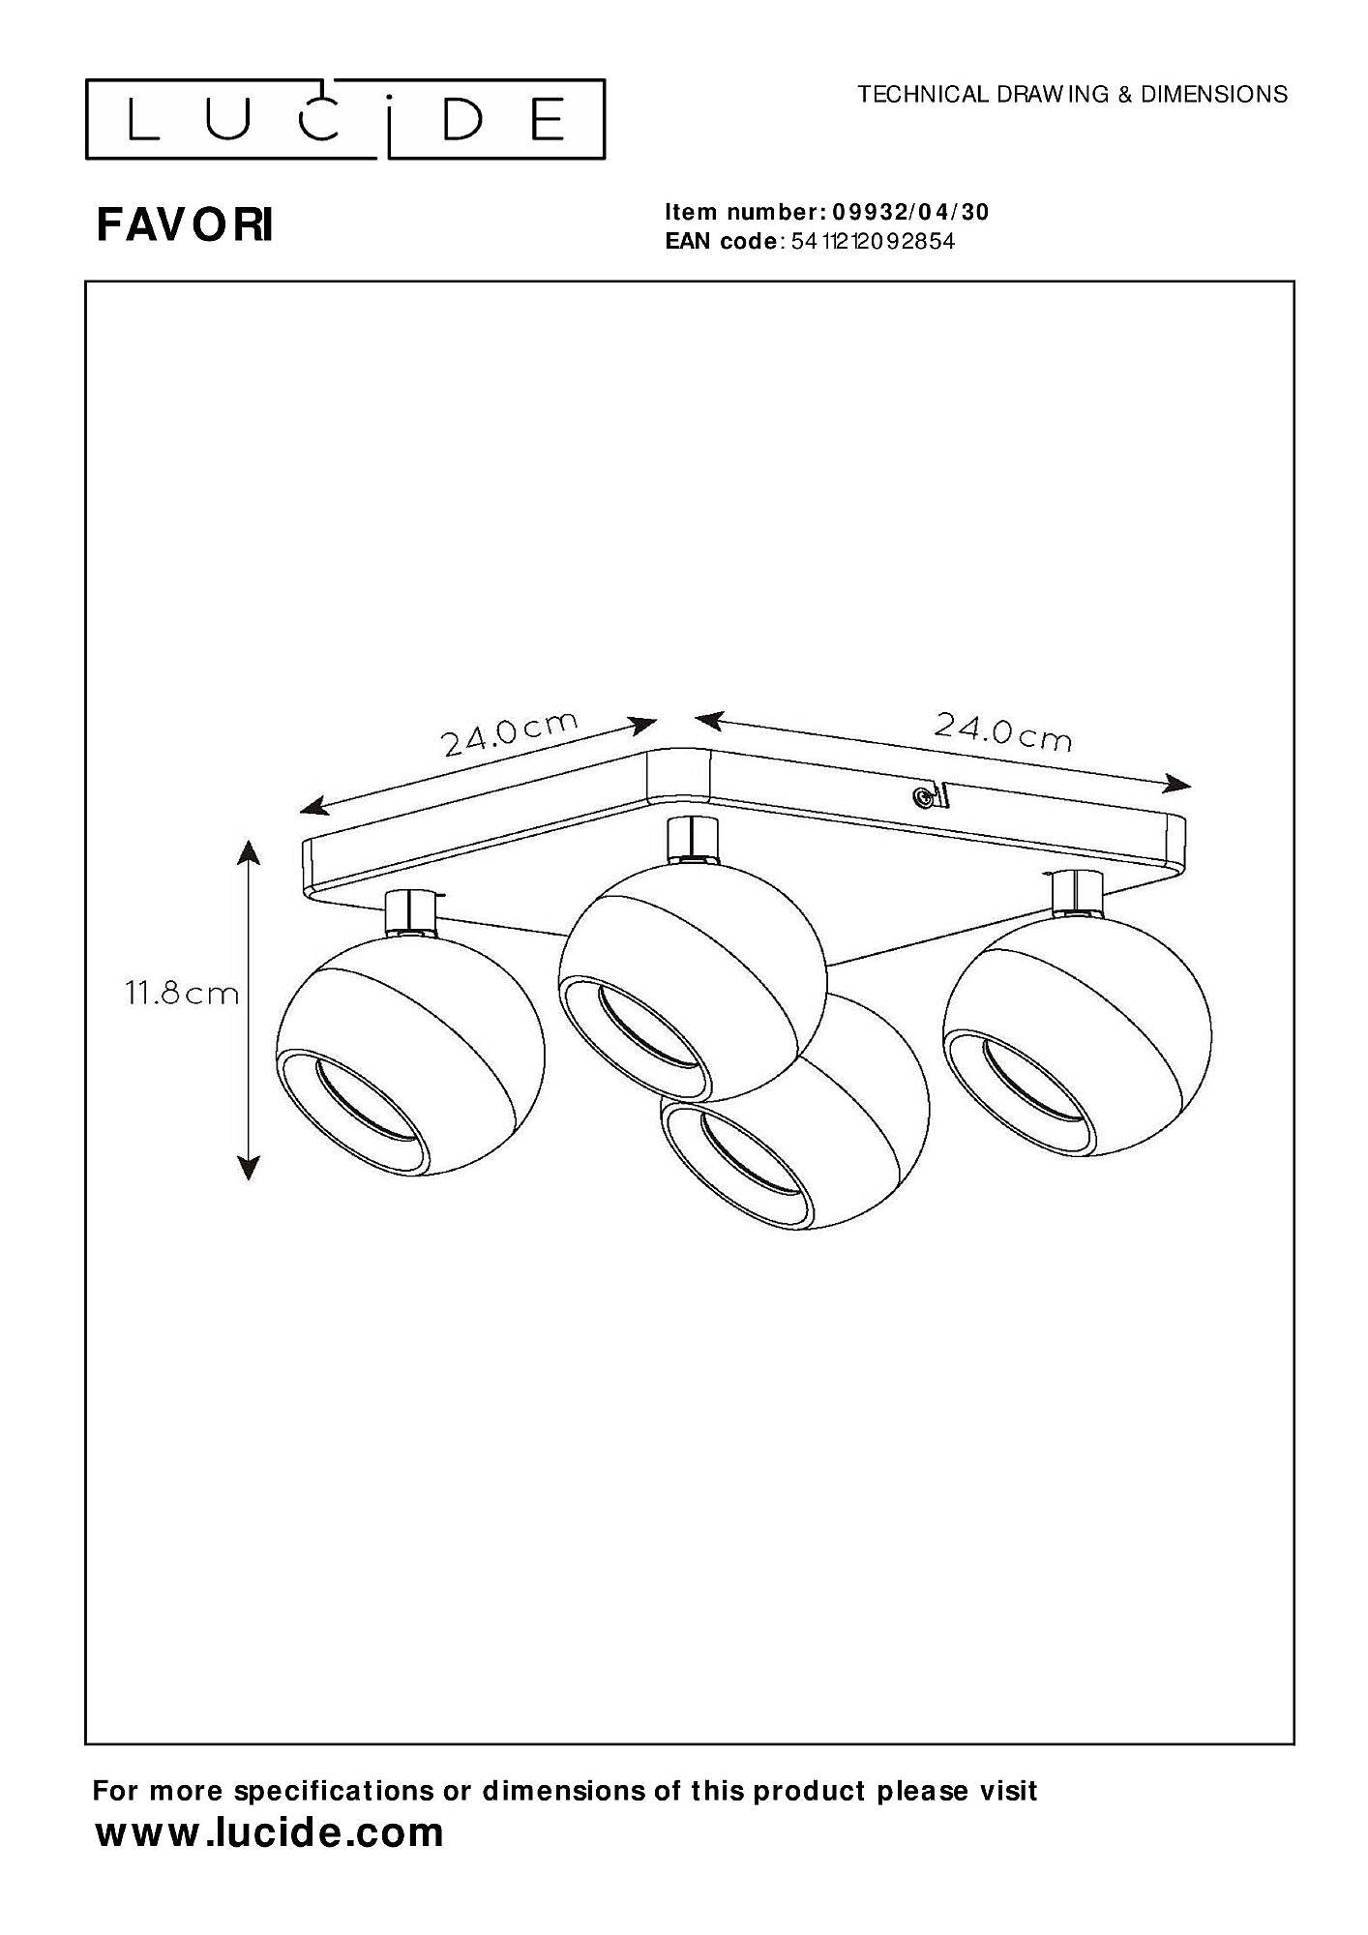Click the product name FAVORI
tap(185, 225)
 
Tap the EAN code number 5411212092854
tap(873, 242)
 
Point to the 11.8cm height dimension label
tap(181, 993)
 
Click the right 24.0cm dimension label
tap(1002, 731)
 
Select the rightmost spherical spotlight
tap(1077, 1034)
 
